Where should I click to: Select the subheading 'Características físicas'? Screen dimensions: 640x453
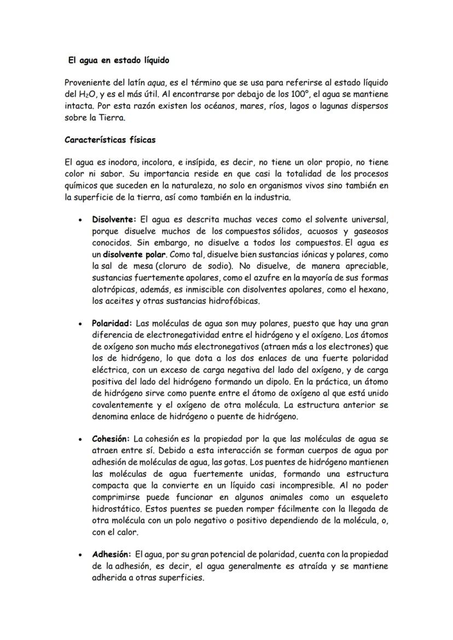pyautogui.click(x=110, y=139)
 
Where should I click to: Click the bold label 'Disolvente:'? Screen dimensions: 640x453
pyautogui.click(x=114, y=219)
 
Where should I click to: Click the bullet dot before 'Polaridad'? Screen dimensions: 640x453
pyautogui.click(x=80, y=324)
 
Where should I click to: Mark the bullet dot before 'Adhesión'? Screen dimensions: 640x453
pyautogui.click(x=80, y=554)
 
